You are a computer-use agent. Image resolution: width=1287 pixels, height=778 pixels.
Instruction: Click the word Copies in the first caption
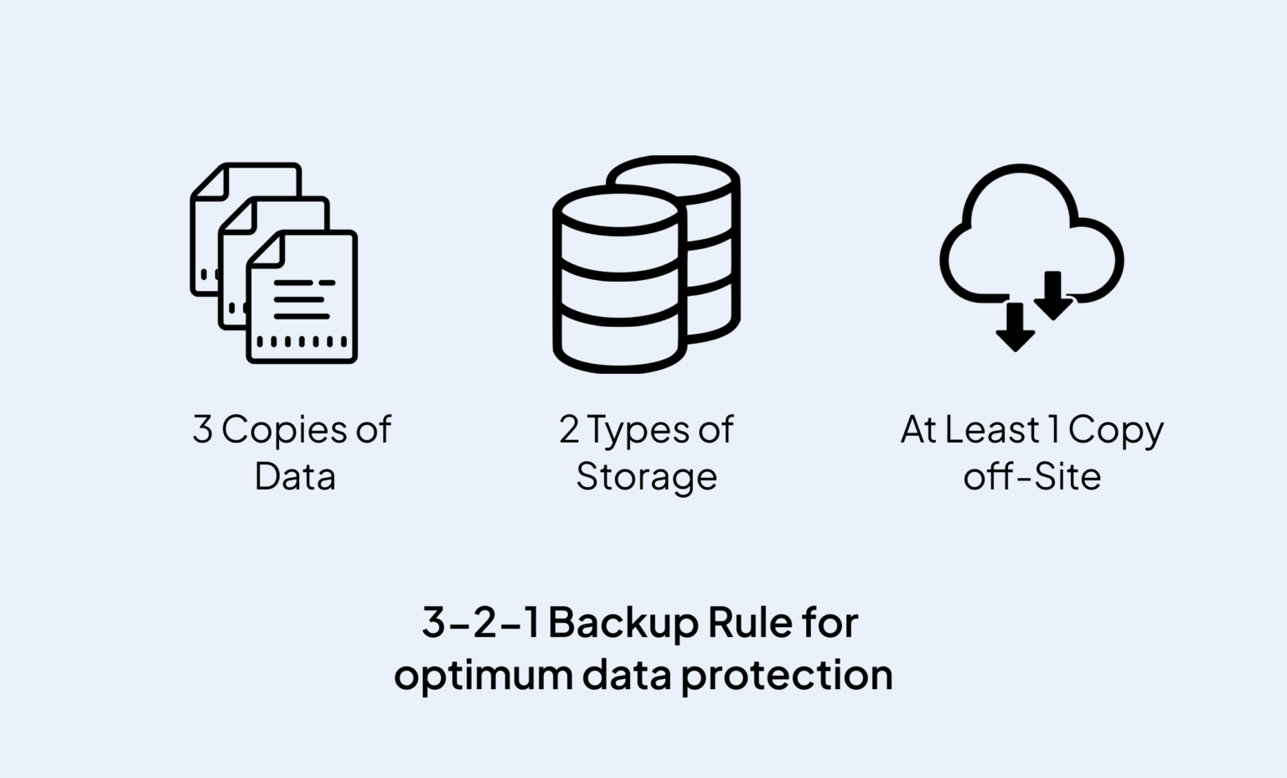[284, 430]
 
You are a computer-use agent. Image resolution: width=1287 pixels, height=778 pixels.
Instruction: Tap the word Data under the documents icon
[295, 477]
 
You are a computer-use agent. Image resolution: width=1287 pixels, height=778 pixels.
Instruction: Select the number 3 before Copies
[203, 429]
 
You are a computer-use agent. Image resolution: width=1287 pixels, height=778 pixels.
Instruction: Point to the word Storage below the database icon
[646, 477]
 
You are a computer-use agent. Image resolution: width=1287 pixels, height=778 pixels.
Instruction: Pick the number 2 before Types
[569, 429]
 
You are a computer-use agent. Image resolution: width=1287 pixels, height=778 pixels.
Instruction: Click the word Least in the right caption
[992, 429]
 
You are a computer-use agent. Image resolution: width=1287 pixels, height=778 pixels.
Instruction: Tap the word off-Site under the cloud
[1031, 477]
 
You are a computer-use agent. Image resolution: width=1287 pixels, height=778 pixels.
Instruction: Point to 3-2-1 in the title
[479, 623]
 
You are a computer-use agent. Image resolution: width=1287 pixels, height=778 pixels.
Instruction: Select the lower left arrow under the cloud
[1015, 327]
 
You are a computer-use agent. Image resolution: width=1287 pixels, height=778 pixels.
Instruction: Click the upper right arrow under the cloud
[1053, 295]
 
